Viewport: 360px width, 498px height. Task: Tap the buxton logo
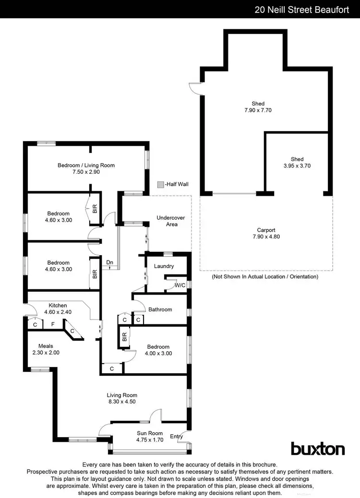[x=318, y=449]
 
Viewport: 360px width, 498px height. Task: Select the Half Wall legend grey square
[x=160, y=184]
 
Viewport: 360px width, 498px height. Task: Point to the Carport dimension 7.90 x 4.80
[x=265, y=237]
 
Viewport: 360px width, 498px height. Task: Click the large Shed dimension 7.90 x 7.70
[x=258, y=110]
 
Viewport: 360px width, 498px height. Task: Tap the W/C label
[x=180, y=285]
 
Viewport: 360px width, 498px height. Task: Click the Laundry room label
[x=164, y=266]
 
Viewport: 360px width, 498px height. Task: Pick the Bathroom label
[x=160, y=309]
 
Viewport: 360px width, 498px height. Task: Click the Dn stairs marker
[x=110, y=262]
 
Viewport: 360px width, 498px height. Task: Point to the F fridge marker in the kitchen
[x=53, y=324]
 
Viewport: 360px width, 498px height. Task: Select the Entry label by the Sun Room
[x=176, y=436]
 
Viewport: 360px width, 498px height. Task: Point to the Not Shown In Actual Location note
[x=265, y=277]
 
